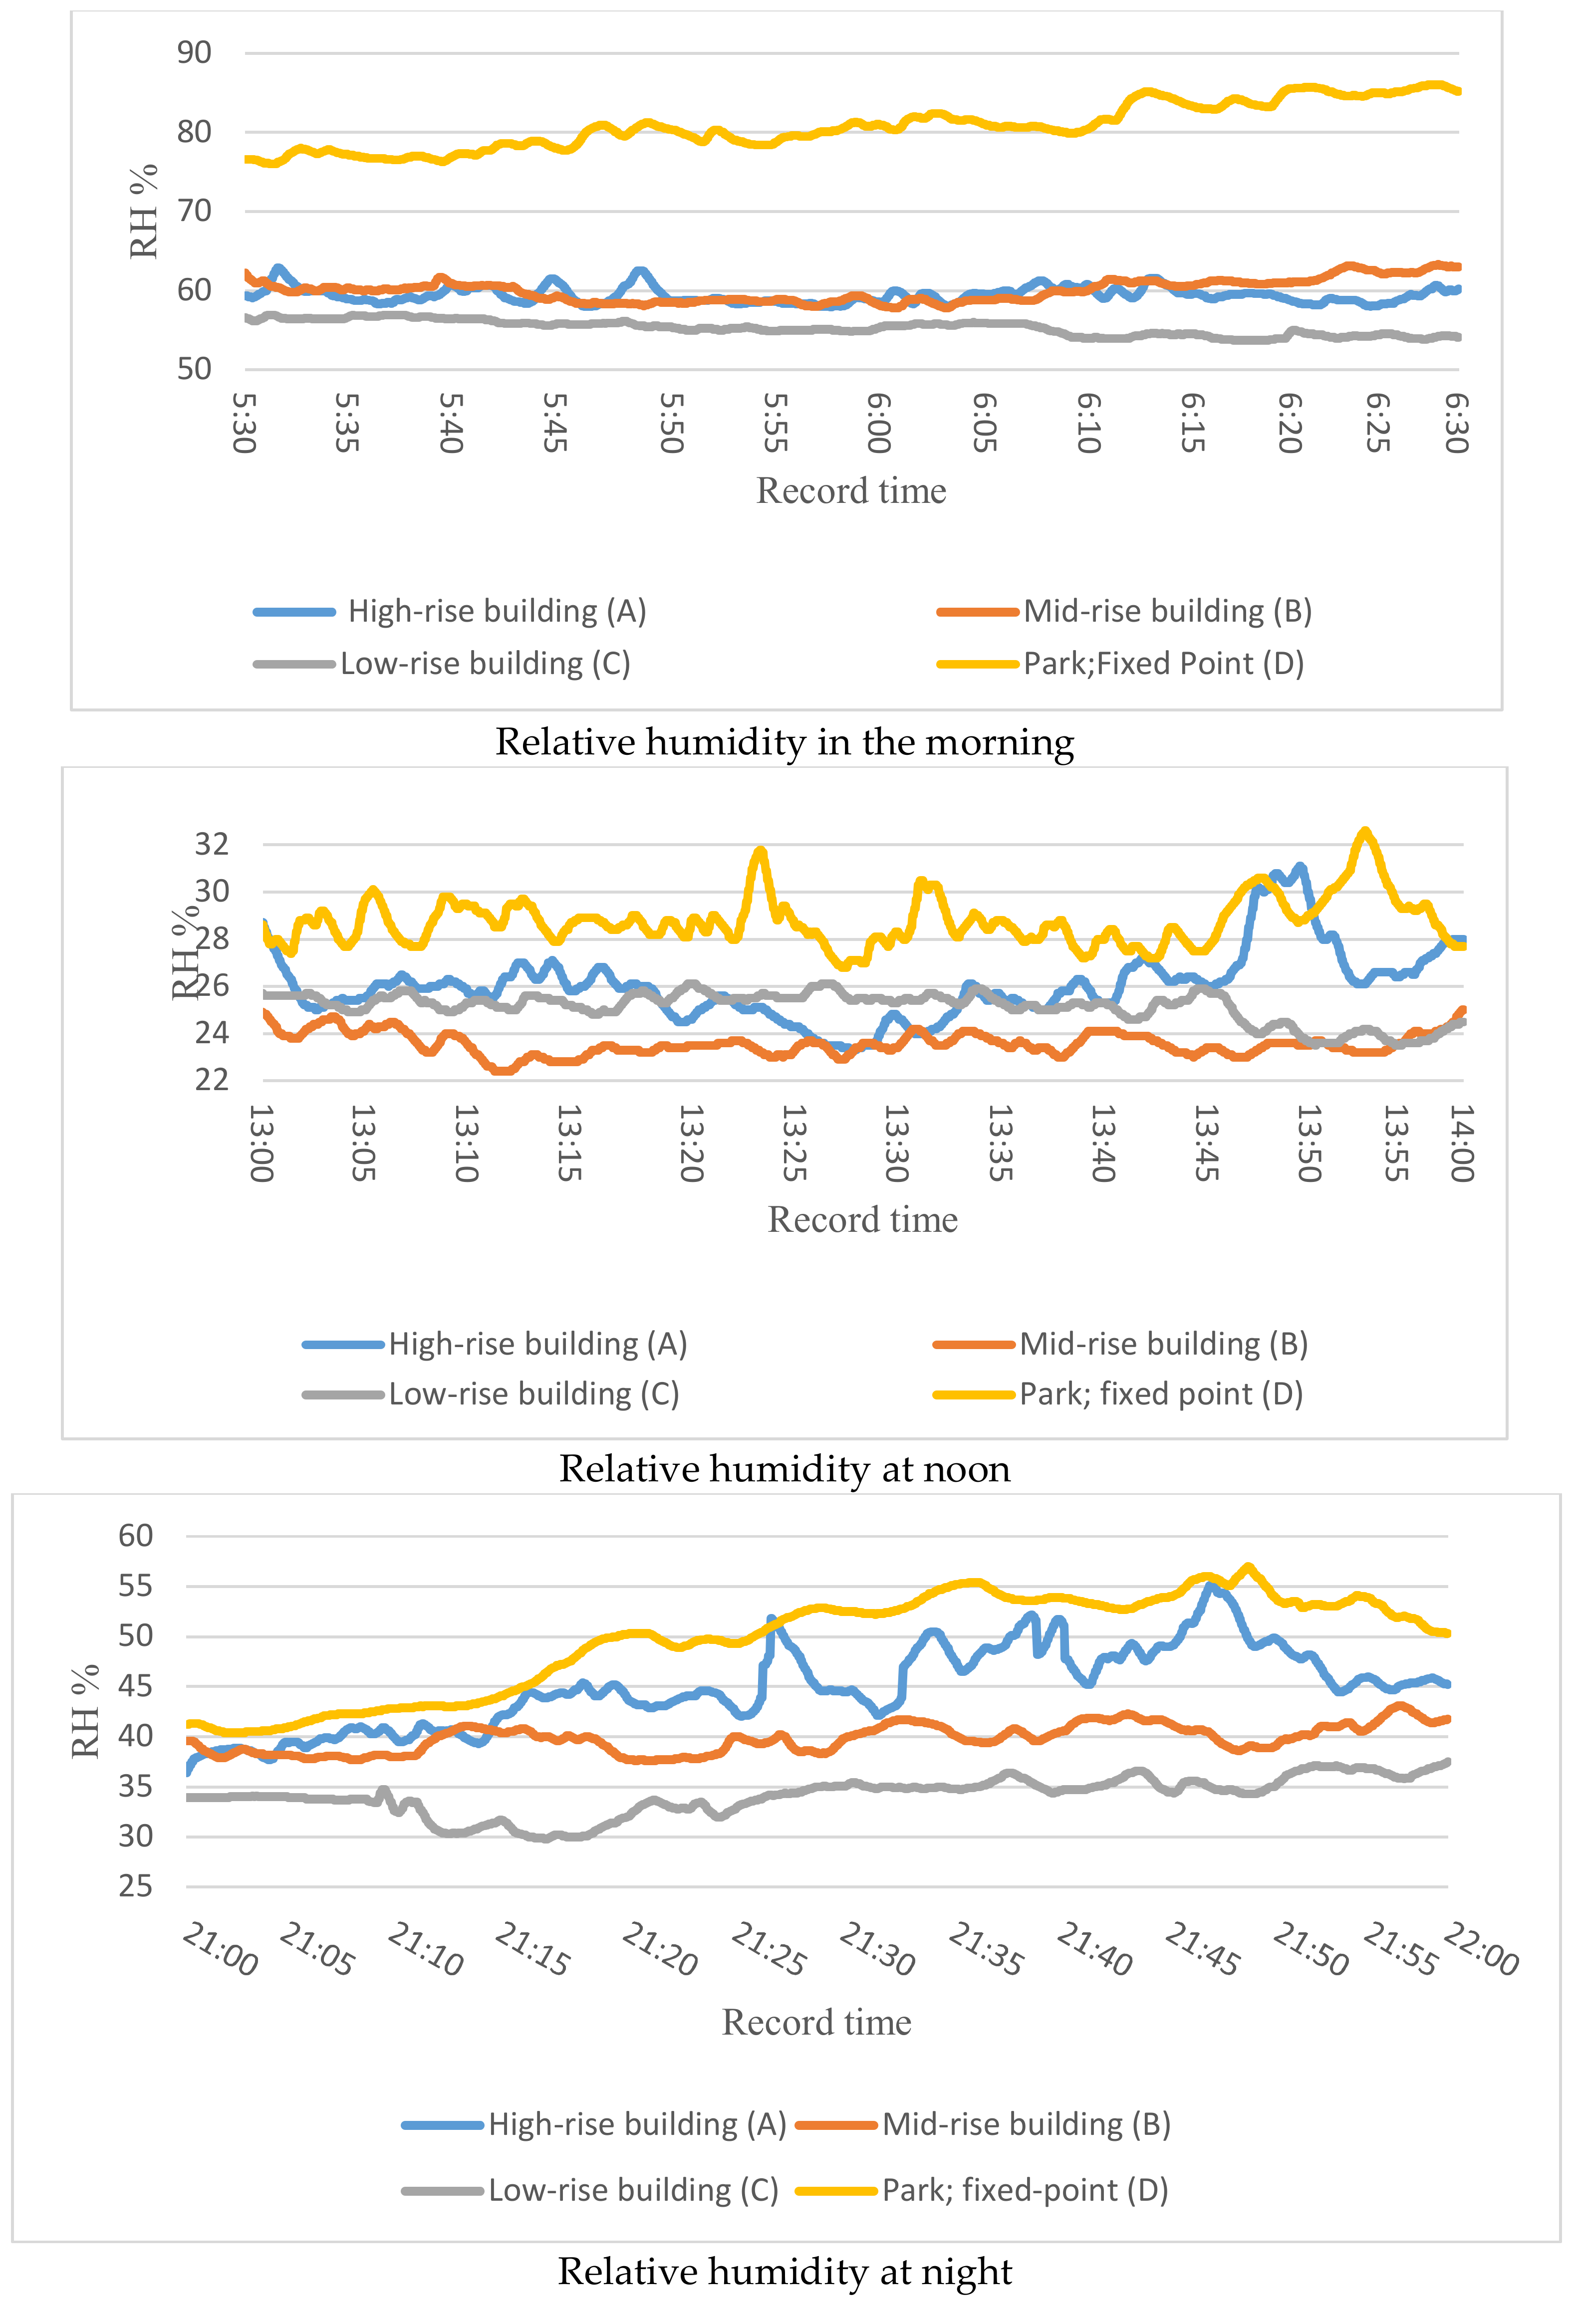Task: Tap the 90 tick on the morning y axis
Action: [195, 52]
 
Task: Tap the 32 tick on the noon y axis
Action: [212, 844]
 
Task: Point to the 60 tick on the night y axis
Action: [136, 1536]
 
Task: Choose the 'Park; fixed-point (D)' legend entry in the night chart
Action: [1024, 2190]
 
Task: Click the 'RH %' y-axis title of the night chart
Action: [86, 1711]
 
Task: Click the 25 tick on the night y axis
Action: [136, 1886]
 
